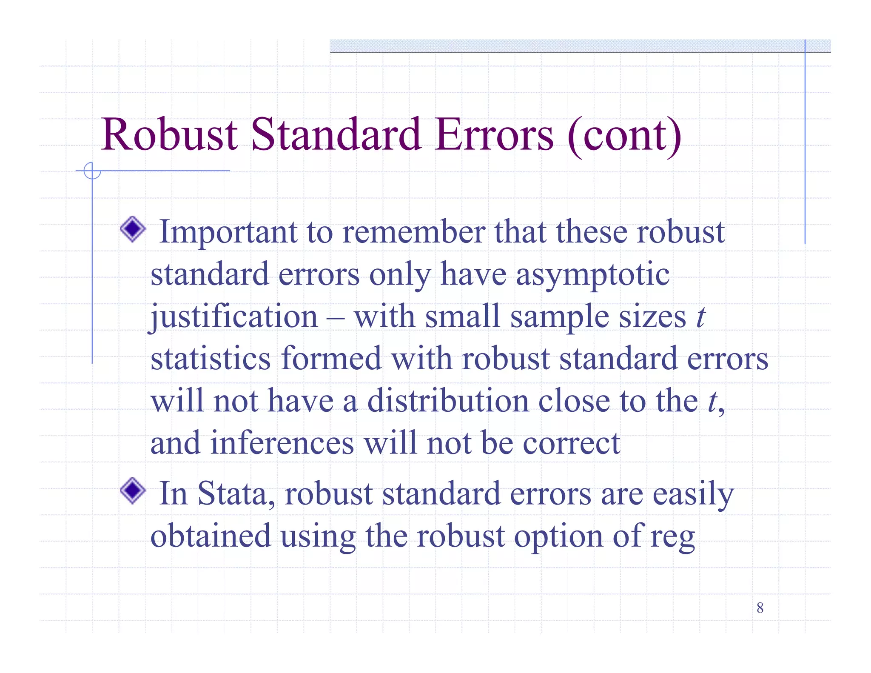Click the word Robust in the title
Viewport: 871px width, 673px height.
tap(169, 135)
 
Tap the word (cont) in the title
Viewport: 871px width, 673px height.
tap(625, 136)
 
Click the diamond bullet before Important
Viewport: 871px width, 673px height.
tap(133, 229)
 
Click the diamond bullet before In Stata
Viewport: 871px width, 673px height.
tap(133, 491)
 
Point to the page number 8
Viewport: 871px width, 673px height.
tap(760, 608)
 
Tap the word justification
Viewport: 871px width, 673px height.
tap(234, 317)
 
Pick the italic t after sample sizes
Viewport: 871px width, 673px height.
tap(700, 317)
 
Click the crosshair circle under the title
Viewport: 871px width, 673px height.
tap(92, 171)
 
